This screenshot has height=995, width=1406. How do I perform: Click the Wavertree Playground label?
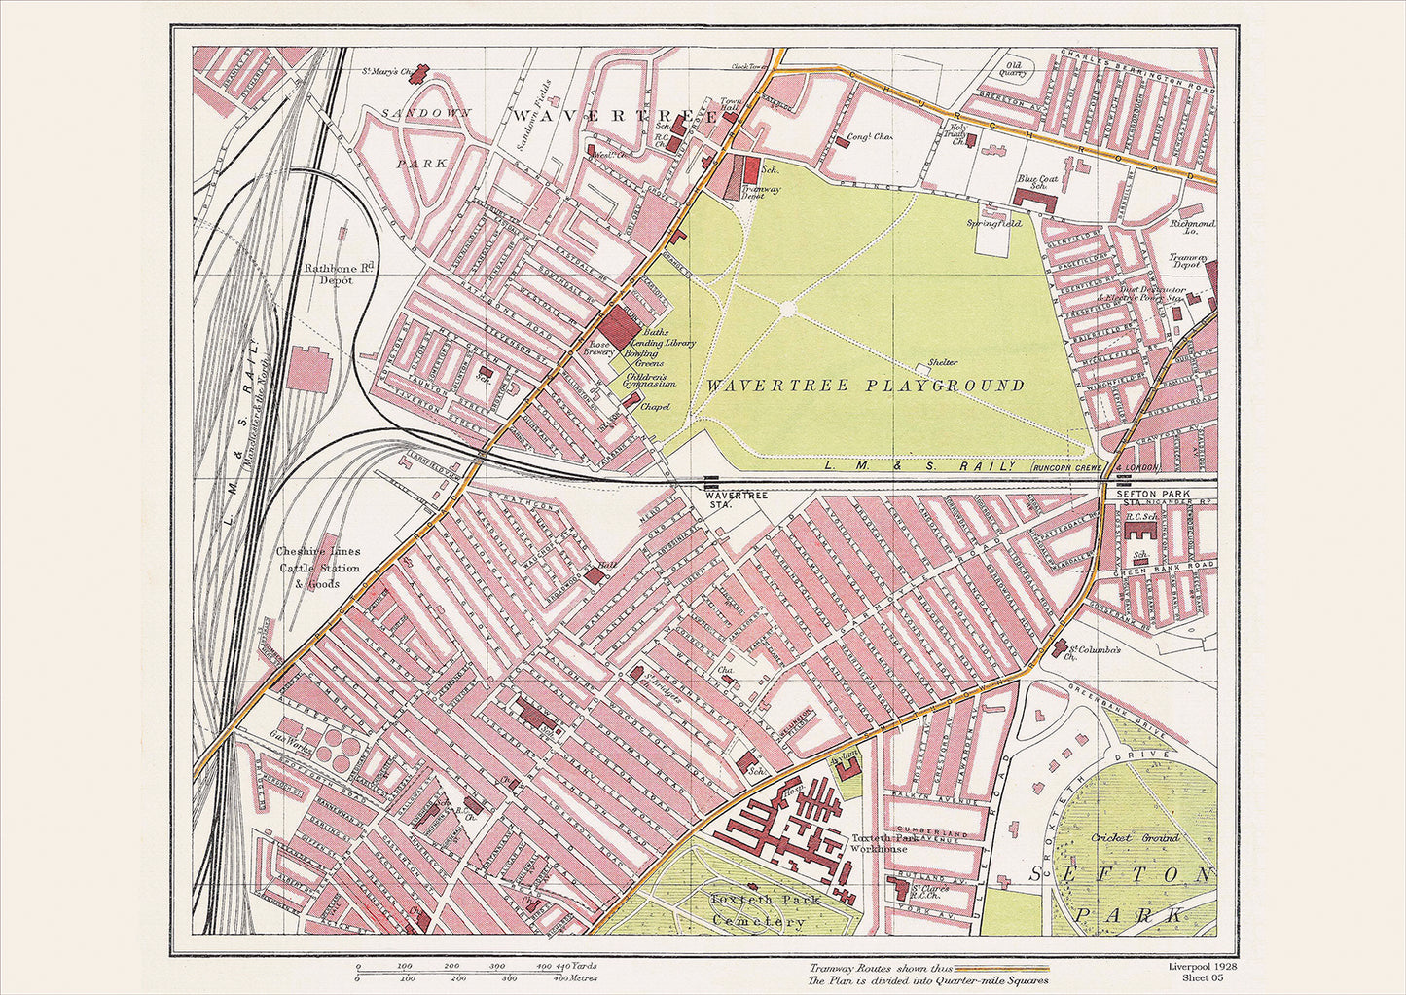(865, 386)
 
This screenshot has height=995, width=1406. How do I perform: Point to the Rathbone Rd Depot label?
(328, 273)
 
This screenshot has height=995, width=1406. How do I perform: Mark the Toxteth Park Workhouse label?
(880, 843)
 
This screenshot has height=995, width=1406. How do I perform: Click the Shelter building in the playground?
(922, 369)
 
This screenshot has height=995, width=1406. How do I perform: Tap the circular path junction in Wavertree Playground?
(787, 309)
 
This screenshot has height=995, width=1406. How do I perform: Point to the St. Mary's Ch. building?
(421, 73)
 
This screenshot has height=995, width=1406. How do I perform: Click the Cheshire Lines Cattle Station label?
(318, 568)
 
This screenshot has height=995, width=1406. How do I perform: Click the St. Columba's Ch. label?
(1096, 653)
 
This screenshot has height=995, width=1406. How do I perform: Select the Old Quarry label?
(1014, 66)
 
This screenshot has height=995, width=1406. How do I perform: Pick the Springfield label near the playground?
(993, 223)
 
